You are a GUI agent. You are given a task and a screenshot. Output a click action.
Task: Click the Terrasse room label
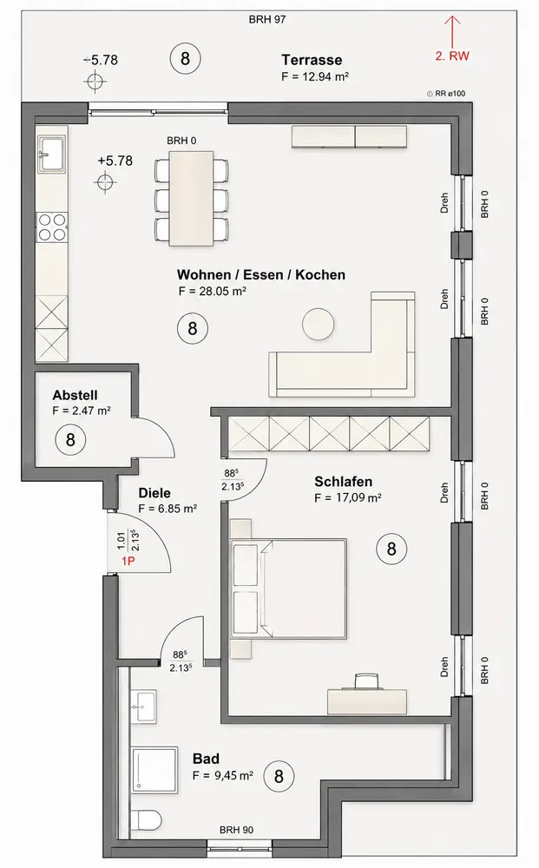coord(312,60)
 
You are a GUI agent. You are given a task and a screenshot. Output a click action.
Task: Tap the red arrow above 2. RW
coord(453,31)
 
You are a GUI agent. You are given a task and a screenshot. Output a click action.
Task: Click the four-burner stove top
coord(52,227)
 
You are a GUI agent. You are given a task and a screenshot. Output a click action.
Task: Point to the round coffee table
coord(319,323)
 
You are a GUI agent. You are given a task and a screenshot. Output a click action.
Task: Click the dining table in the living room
coord(192,198)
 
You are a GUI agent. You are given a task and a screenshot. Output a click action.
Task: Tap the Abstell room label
coord(75,395)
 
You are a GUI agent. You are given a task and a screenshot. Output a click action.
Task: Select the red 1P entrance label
coord(128,561)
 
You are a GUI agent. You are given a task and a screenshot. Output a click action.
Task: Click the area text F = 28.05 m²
coord(212,291)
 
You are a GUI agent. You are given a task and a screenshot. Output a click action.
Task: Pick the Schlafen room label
coord(343,482)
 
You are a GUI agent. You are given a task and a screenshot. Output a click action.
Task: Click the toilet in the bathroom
coord(147,818)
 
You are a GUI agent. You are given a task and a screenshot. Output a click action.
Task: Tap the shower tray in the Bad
coord(154,771)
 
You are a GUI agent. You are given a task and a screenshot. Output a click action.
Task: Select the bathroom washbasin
coord(144,706)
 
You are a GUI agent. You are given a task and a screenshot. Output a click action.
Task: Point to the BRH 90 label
coord(236,830)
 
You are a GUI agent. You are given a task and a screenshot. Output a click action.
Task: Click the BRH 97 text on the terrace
coord(267,19)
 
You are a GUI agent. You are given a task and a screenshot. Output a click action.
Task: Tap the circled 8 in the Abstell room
coord(70,439)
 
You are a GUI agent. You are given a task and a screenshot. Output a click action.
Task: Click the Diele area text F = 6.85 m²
coord(168,508)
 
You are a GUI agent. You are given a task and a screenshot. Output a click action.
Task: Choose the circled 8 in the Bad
coord(279,776)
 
